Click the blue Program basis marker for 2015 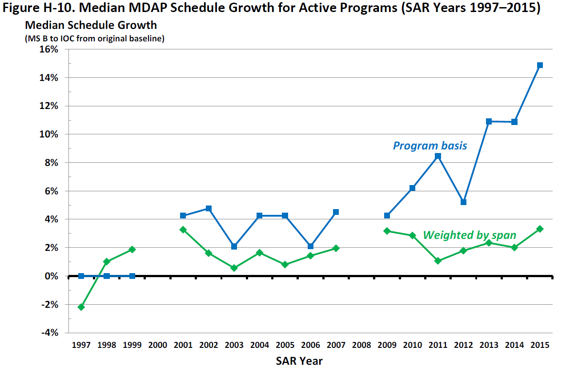pos(540,65)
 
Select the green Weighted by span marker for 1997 pos(81,307)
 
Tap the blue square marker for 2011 pos(438,156)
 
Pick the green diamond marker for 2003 pos(234,268)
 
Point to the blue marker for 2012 pos(463,202)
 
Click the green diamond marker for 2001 pos(183,230)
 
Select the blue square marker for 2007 pos(336,212)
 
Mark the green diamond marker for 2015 pos(540,229)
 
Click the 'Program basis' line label pos(430,145)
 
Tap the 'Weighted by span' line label pos(470,235)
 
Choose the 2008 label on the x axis pos(361,345)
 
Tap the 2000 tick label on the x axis pos(157,345)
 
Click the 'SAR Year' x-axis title pos(299,360)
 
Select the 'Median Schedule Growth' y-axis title pos(91,25)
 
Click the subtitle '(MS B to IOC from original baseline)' pos(94,39)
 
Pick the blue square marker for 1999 pos(132,276)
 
